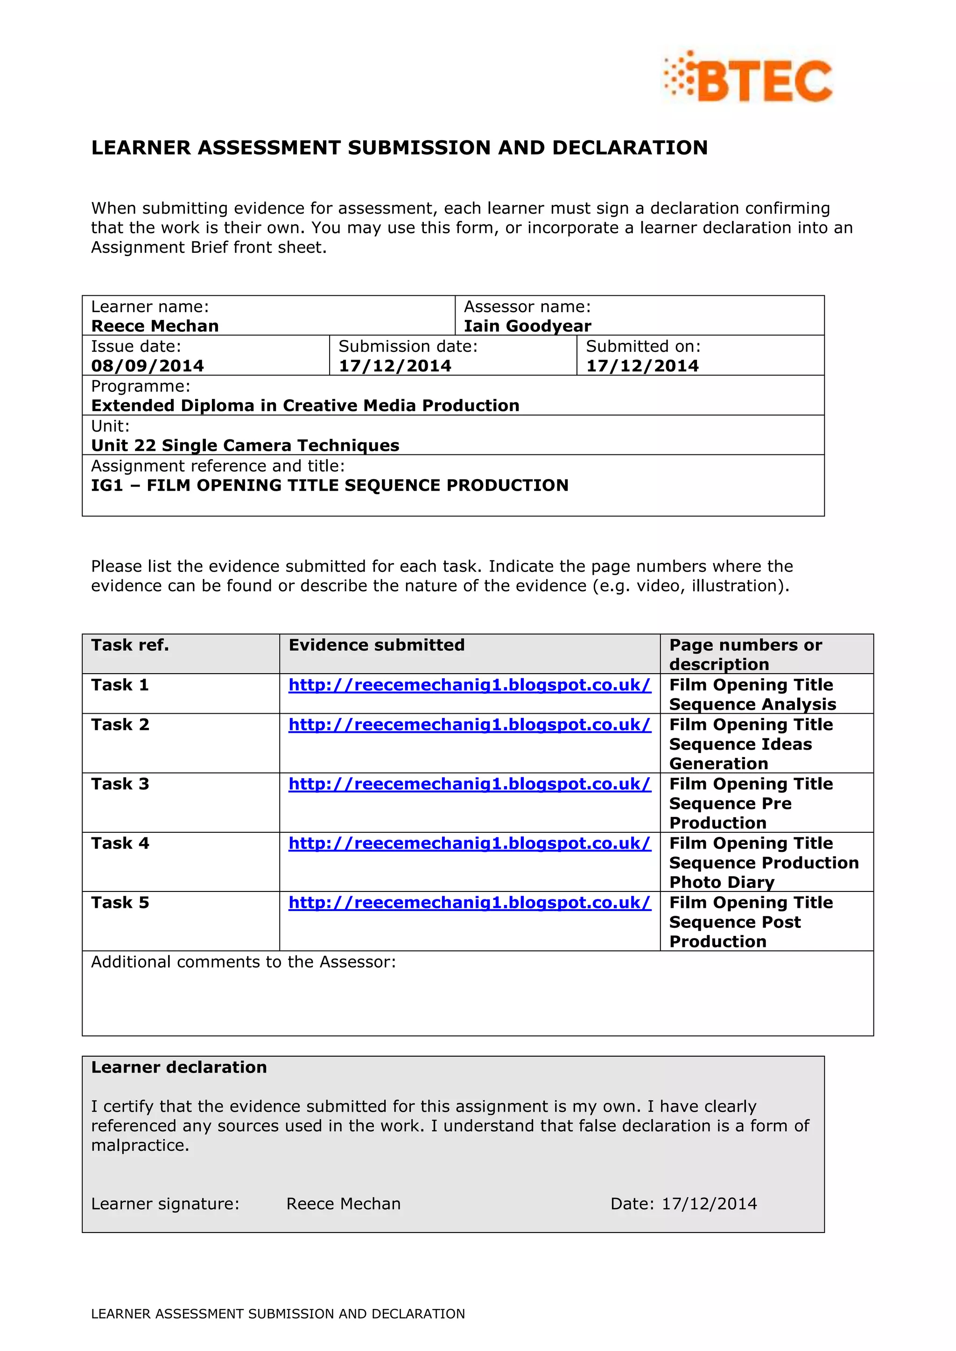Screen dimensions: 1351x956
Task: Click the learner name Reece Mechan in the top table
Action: (x=155, y=326)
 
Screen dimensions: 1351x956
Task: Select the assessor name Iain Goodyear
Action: (x=527, y=326)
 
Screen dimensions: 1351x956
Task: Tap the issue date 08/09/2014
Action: (x=147, y=366)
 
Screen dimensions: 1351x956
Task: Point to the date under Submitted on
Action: (x=642, y=366)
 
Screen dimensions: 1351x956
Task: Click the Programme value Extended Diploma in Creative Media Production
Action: (x=305, y=405)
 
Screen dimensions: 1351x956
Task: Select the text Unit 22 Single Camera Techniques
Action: (x=245, y=446)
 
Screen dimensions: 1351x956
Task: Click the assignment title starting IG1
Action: (x=330, y=486)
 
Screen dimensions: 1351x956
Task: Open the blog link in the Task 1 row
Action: (x=469, y=685)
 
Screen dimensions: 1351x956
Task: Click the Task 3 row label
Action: (x=120, y=784)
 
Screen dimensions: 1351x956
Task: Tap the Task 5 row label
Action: (x=120, y=903)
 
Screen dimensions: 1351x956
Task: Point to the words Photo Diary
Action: (x=722, y=882)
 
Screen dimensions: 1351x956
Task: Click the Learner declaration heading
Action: (x=179, y=1067)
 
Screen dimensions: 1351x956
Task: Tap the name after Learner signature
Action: (x=343, y=1204)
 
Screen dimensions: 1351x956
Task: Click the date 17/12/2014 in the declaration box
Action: (x=710, y=1204)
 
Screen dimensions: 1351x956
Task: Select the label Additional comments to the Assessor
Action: (x=243, y=962)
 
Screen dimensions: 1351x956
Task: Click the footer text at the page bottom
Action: (x=278, y=1314)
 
